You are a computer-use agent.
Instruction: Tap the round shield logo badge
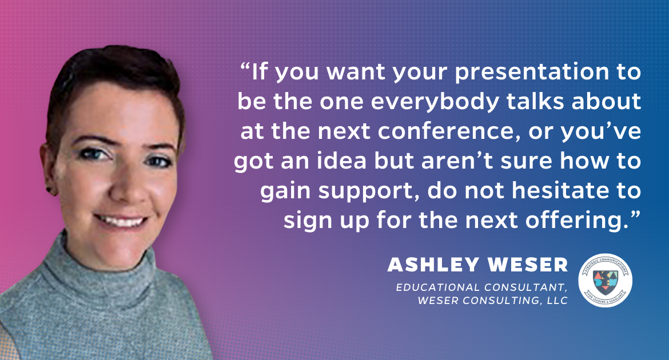tap(605, 281)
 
